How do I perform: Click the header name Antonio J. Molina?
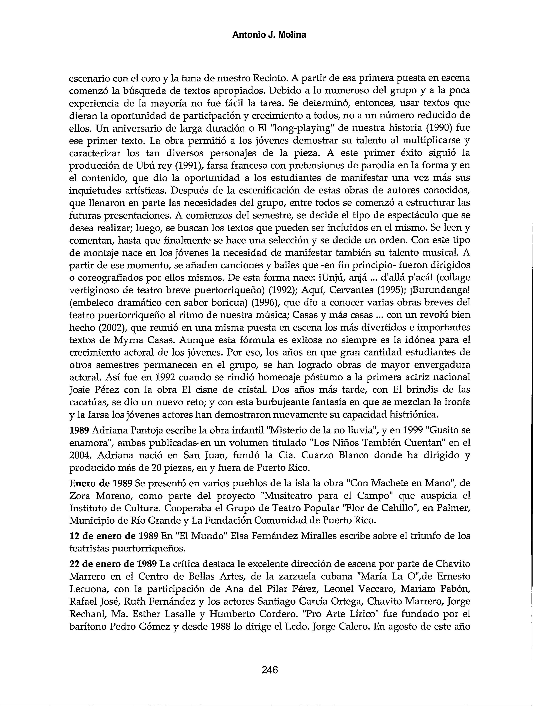(269, 35)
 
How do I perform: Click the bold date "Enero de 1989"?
(101, 483)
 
